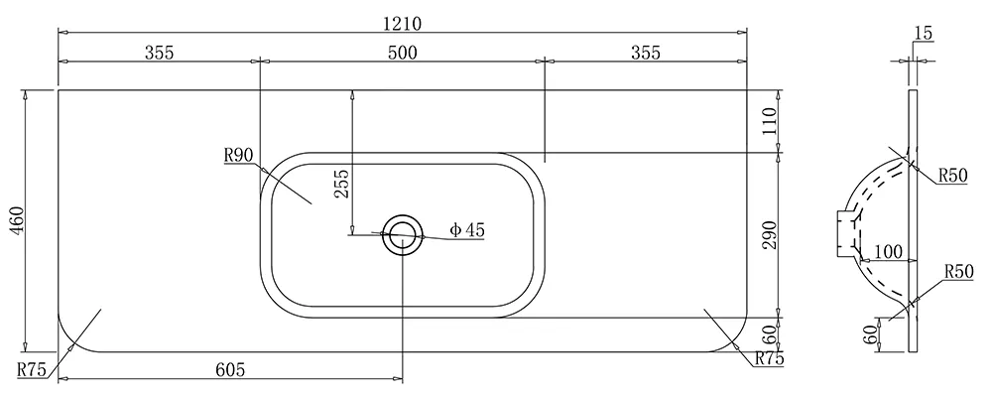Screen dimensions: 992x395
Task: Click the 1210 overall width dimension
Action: [402, 24]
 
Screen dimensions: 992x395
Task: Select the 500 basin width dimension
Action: [403, 53]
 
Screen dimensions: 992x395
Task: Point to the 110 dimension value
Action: [768, 121]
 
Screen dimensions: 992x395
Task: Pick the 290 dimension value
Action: [768, 235]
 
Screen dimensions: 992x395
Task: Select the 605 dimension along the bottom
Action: [230, 369]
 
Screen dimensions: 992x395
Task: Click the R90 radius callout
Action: [238, 155]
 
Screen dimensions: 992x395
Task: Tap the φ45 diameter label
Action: [467, 230]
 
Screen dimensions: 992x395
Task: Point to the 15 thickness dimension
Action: [924, 33]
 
